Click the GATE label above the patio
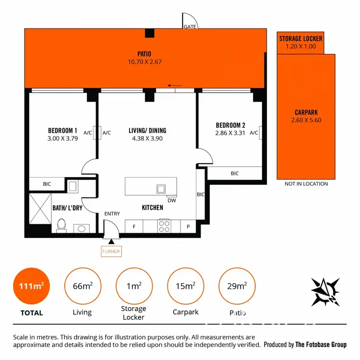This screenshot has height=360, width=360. (189, 26)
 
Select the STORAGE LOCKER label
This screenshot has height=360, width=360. (301, 39)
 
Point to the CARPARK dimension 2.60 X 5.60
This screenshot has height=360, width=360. (306, 120)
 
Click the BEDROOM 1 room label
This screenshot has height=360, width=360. (62, 131)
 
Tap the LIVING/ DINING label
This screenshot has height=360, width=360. (147, 131)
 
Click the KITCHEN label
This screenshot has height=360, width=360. (152, 208)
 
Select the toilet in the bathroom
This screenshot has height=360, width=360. (61, 226)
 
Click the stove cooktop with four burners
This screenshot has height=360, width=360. (164, 226)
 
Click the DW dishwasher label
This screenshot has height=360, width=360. (171, 201)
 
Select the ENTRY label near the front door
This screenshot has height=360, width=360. (112, 214)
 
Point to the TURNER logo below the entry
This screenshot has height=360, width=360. (111, 251)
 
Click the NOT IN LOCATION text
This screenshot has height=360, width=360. (306, 184)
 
